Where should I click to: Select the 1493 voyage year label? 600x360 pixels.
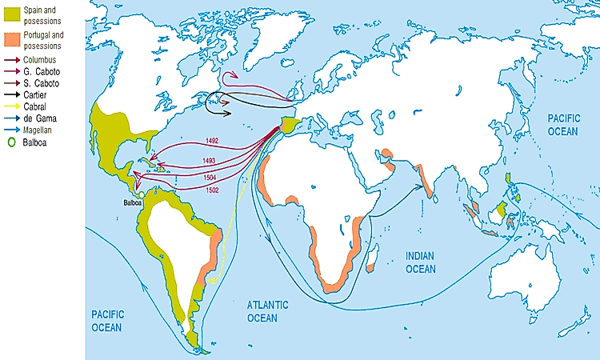[209, 161]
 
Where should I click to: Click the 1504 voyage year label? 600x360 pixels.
[209, 177]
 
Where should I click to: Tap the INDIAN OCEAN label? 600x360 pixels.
[420, 262]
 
